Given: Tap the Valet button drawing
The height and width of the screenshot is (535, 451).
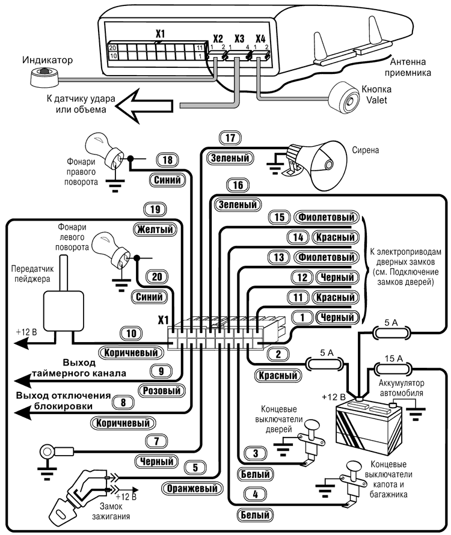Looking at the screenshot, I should point(344,97).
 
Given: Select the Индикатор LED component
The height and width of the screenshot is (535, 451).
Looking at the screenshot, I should point(42,76).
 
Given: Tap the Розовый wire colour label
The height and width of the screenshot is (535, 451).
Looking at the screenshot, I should point(161,390).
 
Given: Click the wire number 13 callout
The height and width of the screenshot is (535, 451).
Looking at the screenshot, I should point(277,257).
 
